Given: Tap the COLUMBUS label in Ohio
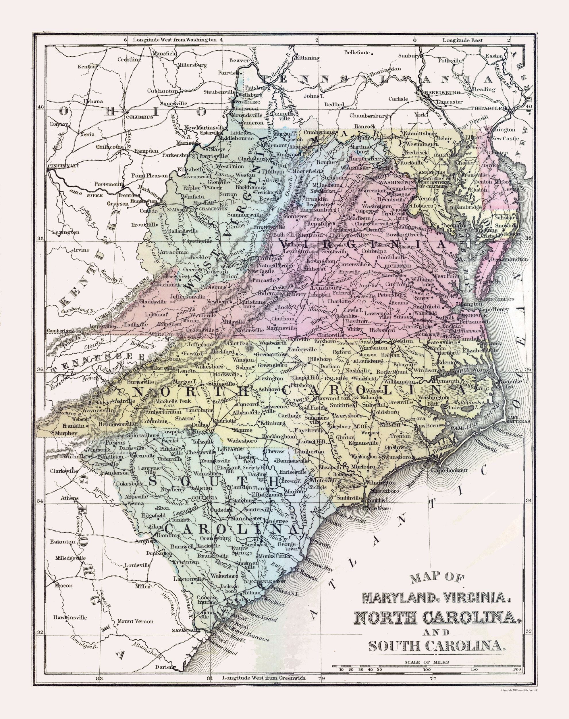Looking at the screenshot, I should pos(139,117).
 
